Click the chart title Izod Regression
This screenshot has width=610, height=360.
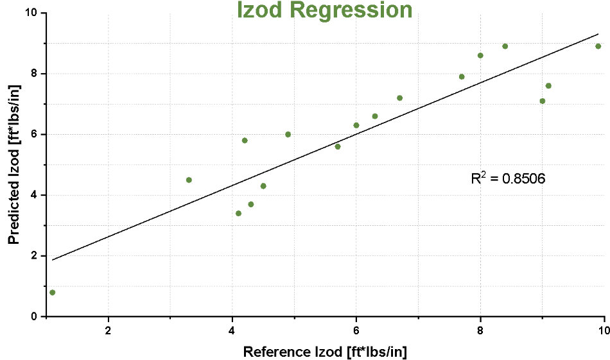[x=324, y=10]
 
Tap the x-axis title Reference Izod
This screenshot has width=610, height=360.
[x=325, y=351]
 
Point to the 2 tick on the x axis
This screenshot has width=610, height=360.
[x=108, y=330]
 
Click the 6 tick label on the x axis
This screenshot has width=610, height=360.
[x=356, y=330]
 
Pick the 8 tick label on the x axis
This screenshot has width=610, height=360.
[x=480, y=330]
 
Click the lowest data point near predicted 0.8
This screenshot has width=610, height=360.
[x=52, y=293]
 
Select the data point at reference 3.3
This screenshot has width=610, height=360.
[x=189, y=180]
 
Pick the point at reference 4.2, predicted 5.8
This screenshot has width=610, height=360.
[x=245, y=141]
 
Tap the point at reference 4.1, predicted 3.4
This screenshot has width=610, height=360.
[x=238, y=213]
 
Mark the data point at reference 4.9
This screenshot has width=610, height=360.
[x=288, y=134]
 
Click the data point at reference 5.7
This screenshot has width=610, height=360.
[x=338, y=146]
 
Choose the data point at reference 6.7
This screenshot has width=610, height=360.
[x=399, y=98]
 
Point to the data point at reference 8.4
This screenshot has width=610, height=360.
[x=505, y=46]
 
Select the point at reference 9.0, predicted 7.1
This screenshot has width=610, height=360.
[x=542, y=101]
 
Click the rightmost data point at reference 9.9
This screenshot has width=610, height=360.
[x=598, y=46]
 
